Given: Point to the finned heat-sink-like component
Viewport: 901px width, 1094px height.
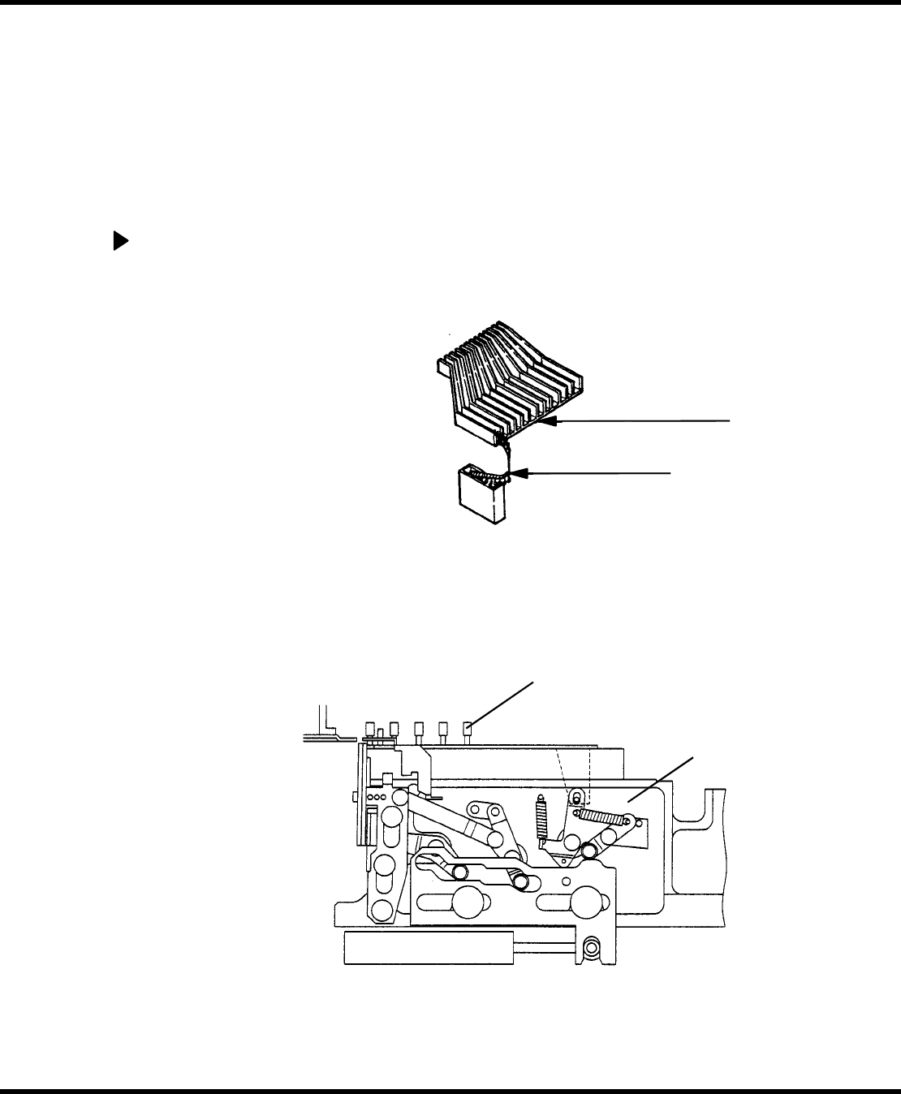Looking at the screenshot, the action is coord(511,381).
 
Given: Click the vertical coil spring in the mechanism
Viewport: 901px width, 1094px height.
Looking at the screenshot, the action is coord(542,820).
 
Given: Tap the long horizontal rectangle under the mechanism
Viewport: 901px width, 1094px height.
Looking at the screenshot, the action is coord(429,948).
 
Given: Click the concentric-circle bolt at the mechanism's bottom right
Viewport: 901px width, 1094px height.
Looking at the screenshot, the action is coord(593,947).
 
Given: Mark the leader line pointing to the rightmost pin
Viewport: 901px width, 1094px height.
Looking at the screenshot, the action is coord(503,703).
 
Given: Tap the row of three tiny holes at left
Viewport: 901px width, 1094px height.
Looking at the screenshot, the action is coord(376,798).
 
